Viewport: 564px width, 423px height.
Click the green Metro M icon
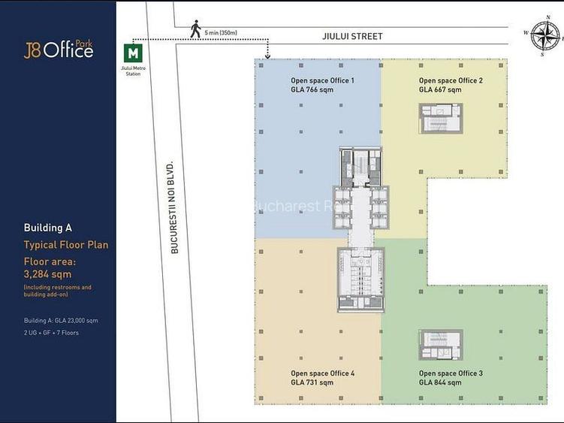click(133, 53)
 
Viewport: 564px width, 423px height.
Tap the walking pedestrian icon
click(195, 29)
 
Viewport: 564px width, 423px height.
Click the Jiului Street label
click(352, 36)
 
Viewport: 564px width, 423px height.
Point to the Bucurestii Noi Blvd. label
click(173, 207)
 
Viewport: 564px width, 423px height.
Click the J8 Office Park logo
click(59, 50)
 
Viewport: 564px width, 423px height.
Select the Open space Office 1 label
click(322, 80)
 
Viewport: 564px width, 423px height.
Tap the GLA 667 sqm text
click(440, 89)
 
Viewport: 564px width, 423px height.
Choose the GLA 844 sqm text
click(440, 382)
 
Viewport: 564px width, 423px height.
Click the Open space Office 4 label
click(322, 373)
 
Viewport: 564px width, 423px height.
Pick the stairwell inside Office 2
click(441, 119)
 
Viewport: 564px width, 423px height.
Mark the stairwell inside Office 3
click(441, 345)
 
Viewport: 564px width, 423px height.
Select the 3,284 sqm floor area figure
click(47, 274)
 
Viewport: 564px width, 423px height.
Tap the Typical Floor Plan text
click(66, 245)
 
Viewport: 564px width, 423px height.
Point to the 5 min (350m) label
click(220, 32)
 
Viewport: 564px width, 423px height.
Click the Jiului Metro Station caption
click(133, 71)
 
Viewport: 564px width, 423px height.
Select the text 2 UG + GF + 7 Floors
click(51, 332)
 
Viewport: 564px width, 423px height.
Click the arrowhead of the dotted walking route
click(267, 54)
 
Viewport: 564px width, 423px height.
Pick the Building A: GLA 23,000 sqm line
click(61, 321)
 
